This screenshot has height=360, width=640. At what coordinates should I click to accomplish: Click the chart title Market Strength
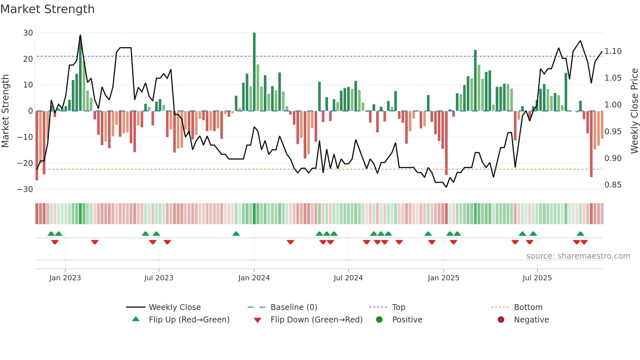47,9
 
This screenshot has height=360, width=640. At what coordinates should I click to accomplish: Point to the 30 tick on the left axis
28,33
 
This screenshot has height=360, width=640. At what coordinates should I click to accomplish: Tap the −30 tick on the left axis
25,189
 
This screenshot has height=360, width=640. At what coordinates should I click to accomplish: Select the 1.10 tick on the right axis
613,51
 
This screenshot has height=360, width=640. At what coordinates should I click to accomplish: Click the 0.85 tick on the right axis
613,185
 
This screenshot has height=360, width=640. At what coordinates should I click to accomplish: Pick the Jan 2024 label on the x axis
254,278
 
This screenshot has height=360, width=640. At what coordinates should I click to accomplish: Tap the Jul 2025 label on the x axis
537,278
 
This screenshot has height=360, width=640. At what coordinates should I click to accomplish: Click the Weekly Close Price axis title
634,111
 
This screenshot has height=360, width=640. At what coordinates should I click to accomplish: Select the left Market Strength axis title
5,111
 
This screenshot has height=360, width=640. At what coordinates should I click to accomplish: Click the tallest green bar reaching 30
254,72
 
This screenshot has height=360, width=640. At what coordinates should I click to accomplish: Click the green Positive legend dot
379,320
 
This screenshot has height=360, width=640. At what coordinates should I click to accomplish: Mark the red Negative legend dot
501,320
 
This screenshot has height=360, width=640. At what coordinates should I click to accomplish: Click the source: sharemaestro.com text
578,256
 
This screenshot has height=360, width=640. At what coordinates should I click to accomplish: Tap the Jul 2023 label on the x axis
159,278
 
